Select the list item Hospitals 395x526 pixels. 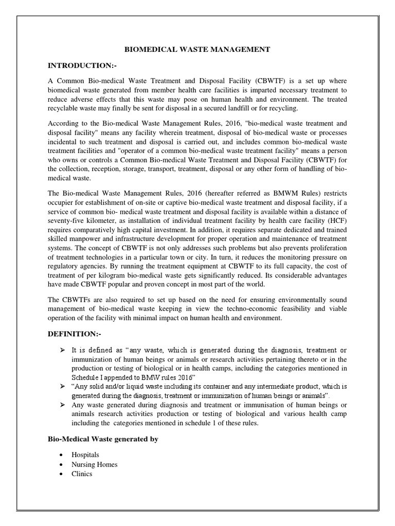click(x=85, y=455)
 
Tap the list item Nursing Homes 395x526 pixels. click(x=95, y=464)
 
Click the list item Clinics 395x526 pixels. click(x=82, y=474)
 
